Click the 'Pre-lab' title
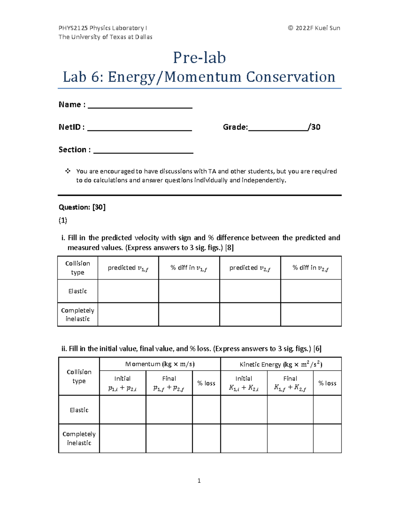pyautogui.click(x=199, y=58)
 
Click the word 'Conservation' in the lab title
pyautogui.click(x=290, y=77)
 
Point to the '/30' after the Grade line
pyautogui.click(x=314, y=127)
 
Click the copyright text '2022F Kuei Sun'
pyautogui.click(x=317, y=28)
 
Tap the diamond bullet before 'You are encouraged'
pyautogui.click(x=68, y=171)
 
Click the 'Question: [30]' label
pyautogui.click(x=82, y=207)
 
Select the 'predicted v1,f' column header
pyautogui.click(x=128, y=268)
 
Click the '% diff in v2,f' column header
pyautogui.click(x=311, y=268)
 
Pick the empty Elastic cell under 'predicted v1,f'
pyautogui.click(x=128, y=291)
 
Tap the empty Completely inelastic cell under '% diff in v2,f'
pyautogui.click(x=311, y=314)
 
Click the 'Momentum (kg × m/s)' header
pyautogui.click(x=160, y=364)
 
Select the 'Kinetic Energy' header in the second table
pyautogui.click(x=281, y=364)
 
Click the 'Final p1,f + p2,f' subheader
pyautogui.click(x=169, y=383)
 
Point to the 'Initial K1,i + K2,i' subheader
pyautogui.click(x=244, y=383)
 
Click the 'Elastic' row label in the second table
pyautogui.click(x=79, y=410)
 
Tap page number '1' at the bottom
pyautogui.click(x=199, y=480)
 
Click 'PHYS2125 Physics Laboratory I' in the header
pyautogui.click(x=102, y=28)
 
